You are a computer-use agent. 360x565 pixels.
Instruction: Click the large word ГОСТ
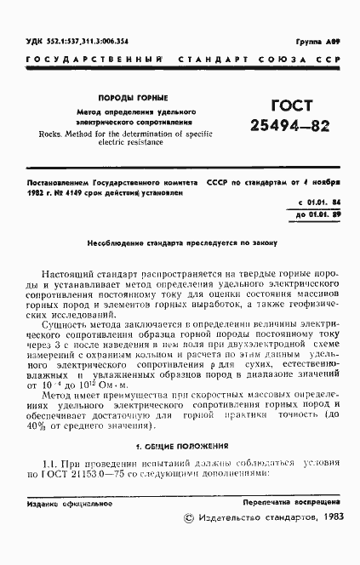coord(267,106)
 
